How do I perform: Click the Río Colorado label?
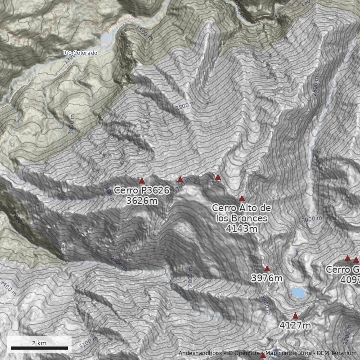(x=80, y=53)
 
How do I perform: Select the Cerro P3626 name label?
(x=142, y=190)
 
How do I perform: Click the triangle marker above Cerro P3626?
(x=142, y=181)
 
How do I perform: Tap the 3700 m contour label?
(x=182, y=184)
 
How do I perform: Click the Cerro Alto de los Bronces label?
(x=242, y=213)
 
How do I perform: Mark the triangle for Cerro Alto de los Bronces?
(x=242, y=198)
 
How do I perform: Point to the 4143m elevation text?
(x=242, y=229)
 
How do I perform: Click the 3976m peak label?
(x=267, y=278)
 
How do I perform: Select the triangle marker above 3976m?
(x=267, y=269)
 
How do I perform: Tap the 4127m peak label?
(x=295, y=325)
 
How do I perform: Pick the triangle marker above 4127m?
(x=295, y=316)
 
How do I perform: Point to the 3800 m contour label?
(x=265, y=305)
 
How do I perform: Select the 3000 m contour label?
(x=312, y=219)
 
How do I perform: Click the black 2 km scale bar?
(x=39, y=348)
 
